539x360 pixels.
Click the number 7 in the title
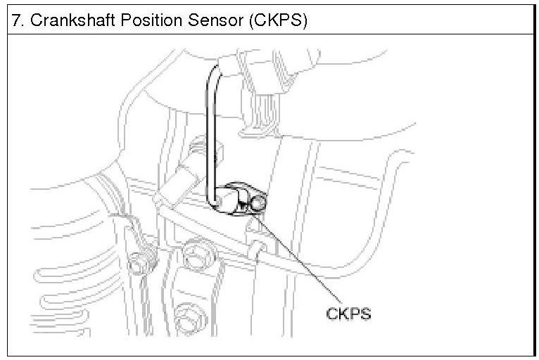coord(15,20)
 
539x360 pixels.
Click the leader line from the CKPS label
coord(296,260)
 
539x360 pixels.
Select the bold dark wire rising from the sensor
coord(209,127)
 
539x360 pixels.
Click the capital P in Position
coord(126,20)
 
